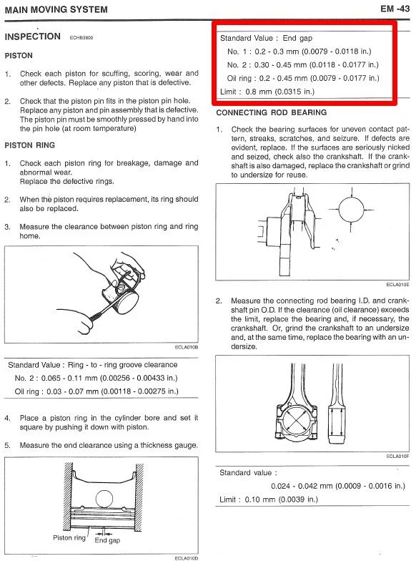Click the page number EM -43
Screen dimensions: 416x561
click(x=395, y=9)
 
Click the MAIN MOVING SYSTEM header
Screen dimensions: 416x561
click(x=56, y=10)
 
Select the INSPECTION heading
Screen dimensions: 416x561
click(x=33, y=36)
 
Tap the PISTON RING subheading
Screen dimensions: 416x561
click(x=30, y=145)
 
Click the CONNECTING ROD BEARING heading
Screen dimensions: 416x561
click(x=272, y=112)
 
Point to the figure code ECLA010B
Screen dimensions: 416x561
click(x=186, y=347)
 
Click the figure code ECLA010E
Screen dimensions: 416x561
click(x=397, y=285)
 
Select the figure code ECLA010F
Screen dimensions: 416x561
click(x=397, y=457)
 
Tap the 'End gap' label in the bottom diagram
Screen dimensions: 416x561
click(x=107, y=540)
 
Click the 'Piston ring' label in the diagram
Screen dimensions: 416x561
click(x=69, y=538)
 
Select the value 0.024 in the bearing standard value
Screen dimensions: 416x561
click(x=280, y=487)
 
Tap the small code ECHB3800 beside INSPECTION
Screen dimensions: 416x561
click(x=81, y=37)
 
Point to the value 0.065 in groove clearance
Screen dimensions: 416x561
click(x=51, y=378)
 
